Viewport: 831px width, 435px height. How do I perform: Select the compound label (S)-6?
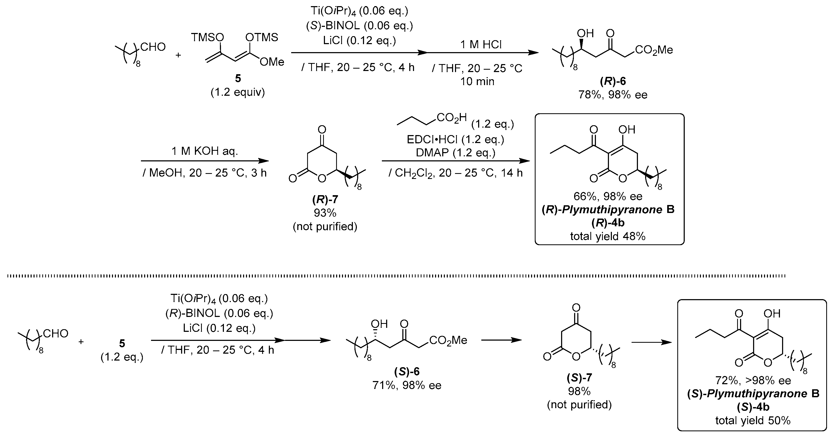click(407, 371)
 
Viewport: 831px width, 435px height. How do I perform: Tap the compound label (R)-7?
click(325, 200)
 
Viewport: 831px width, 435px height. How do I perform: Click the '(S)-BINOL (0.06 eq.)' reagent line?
click(359, 26)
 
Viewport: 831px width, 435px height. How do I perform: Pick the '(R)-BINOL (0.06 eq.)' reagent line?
click(219, 313)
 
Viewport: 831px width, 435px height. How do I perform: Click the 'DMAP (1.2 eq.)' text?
click(455, 153)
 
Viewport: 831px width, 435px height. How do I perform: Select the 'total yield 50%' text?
click(753, 420)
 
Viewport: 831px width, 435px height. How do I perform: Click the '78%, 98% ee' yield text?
click(613, 95)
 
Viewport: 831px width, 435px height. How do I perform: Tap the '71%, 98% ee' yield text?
click(407, 385)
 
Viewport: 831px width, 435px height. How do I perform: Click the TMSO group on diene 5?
click(207, 37)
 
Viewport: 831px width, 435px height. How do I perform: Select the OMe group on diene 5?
click(272, 62)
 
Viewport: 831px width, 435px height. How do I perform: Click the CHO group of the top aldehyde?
click(153, 47)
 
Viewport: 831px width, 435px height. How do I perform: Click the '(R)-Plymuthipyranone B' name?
click(608, 210)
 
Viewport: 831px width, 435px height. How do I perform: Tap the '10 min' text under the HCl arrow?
click(477, 81)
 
